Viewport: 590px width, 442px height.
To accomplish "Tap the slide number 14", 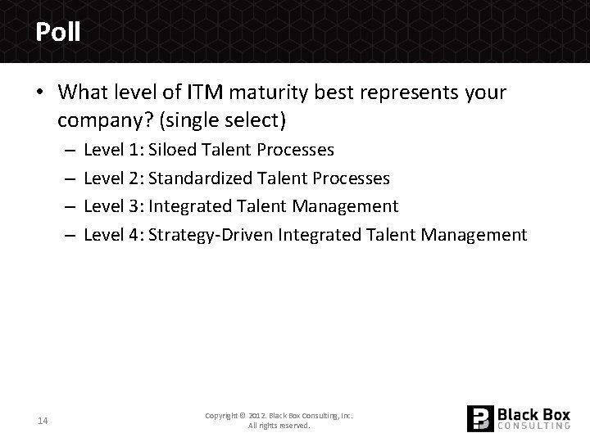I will coord(42,421).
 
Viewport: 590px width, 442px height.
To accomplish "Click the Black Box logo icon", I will coord(479,418).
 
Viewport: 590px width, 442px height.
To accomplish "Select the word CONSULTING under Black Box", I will coord(533,426).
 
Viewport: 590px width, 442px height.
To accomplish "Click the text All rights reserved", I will coord(279,426).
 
